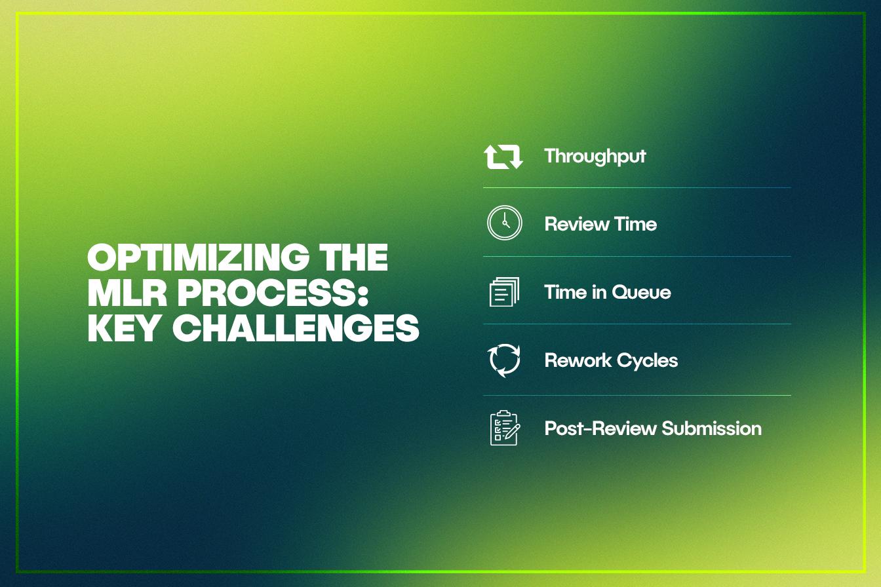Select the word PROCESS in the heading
(267, 292)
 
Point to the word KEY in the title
(123, 328)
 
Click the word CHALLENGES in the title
(296, 328)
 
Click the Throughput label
(595, 157)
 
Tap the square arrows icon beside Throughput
(503, 157)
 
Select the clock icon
(505, 223)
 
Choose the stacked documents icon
(504, 292)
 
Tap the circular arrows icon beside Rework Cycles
(504, 360)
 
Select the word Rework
(578, 360)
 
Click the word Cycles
(648, 361)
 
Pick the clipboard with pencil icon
(505, 428)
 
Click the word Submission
(711, 428)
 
